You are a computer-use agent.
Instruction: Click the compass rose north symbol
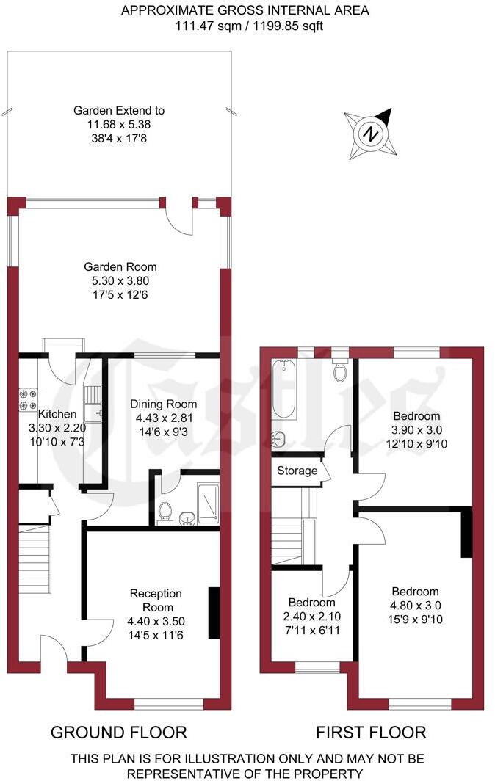372,134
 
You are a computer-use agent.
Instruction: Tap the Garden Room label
120,267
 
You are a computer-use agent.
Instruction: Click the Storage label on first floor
297,471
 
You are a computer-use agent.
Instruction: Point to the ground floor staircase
35,558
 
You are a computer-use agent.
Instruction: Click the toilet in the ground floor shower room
165,511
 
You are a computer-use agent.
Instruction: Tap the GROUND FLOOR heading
118,732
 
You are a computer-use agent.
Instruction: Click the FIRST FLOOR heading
371,732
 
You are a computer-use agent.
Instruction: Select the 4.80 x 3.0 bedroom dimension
415,606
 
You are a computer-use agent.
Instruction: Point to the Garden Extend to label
119,111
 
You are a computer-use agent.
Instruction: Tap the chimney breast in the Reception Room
214,613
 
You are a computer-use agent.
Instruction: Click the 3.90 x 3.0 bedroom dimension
416,429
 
